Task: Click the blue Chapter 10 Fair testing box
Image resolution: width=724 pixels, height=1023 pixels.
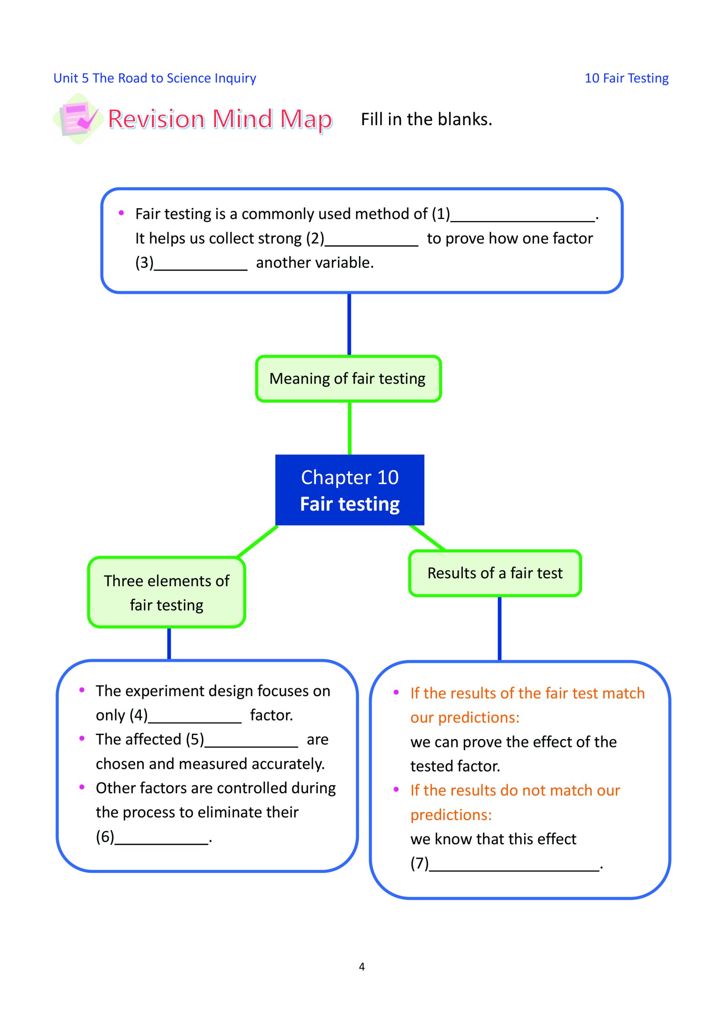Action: pyautogui.click(x=349, y=490)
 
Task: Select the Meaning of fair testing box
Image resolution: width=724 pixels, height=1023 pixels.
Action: pyautogui.click(x=348, y=379)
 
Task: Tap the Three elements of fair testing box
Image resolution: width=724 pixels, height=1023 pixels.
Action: pyautogui.click(x=166, y=592)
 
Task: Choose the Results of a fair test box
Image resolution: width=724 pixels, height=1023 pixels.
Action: pyautogui.click(x=495, y=573)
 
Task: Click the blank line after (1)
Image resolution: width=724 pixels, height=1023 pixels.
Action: pyautogui.click(x=523, y=221)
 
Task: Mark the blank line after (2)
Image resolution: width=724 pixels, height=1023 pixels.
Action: pyautogui.click(x=371, y=245)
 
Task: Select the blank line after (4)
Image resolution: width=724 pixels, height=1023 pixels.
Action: pyautogui.click(x=194, y=722)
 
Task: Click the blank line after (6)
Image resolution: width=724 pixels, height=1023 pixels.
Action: pyautogui.click(x=162, y=844)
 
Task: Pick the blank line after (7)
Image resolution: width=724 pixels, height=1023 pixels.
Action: pyautogui.click(x=514, y=870)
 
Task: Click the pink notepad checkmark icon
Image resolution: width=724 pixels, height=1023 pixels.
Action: pyautogui.click(x=78, y=119)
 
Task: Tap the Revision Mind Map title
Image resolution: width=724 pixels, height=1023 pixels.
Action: pyautogui.click(x=220, y=119)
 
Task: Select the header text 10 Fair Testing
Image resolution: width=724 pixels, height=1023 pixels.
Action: pyautogui.click(x=626, y=78)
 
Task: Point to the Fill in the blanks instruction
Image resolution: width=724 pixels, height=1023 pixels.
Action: pyautogui.click(x=426, y=119)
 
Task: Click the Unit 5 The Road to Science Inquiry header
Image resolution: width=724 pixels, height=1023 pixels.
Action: pyautogui.click(x=155, y=78)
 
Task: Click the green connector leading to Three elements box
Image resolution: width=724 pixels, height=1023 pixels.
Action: pyautogui.click(x=257, y=542)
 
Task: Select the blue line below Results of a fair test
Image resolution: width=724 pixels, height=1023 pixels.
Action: pyautogui.click(x=499, y=629)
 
